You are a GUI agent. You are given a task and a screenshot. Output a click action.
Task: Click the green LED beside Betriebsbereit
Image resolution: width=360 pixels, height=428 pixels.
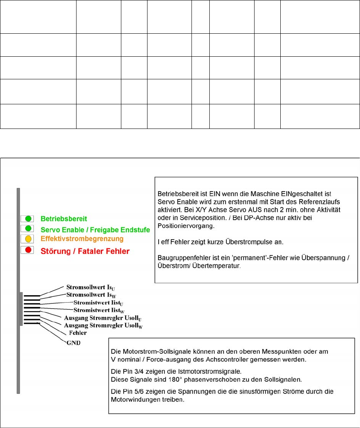pyautogui.click(x=28, y=218)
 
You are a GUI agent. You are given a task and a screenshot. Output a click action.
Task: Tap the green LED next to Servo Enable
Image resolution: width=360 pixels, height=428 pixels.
pyautogui.click(x=28, y=228)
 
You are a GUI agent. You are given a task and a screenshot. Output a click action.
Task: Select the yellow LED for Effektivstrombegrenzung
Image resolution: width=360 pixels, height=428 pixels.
pyautogui.click(x=28, y=239)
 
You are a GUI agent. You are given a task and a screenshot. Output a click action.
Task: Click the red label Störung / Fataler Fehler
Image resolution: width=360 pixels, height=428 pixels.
pyautogui.click(x=85, y=251)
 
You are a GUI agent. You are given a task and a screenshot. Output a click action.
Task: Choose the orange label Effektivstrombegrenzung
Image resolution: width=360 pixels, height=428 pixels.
pyautogui.click(x=82, y=239)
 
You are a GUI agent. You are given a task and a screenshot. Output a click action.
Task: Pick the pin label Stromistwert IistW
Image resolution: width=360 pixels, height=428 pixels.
pyautogui.click(x=99, y=310)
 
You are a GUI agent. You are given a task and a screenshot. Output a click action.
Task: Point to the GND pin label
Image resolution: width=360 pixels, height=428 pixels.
pyautogui.click(x=73, y=342)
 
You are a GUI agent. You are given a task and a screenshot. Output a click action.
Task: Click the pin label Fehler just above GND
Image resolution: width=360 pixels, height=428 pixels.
pyautogui.click(x=78, y=334)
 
